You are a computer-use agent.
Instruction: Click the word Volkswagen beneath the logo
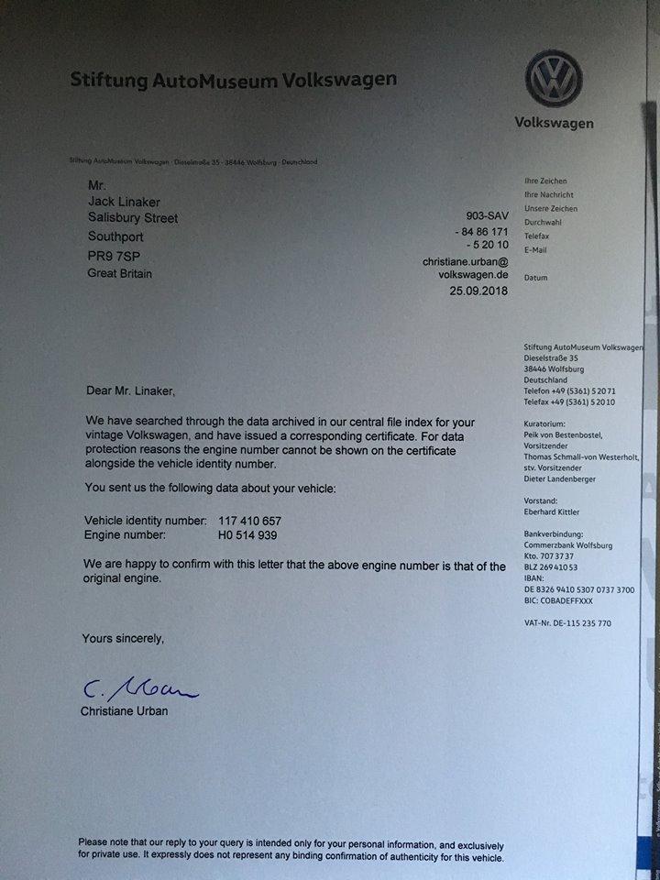point(554,123)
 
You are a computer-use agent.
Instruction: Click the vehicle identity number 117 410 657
point(249,520)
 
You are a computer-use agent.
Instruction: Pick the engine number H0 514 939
point(247,534)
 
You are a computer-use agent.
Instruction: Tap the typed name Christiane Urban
point(126,710)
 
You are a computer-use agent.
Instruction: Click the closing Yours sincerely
point(123,637)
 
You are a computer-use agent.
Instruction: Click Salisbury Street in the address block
point(133,218)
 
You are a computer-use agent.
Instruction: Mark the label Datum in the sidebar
point(535,277)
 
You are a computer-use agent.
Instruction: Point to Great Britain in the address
point(120,273)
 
